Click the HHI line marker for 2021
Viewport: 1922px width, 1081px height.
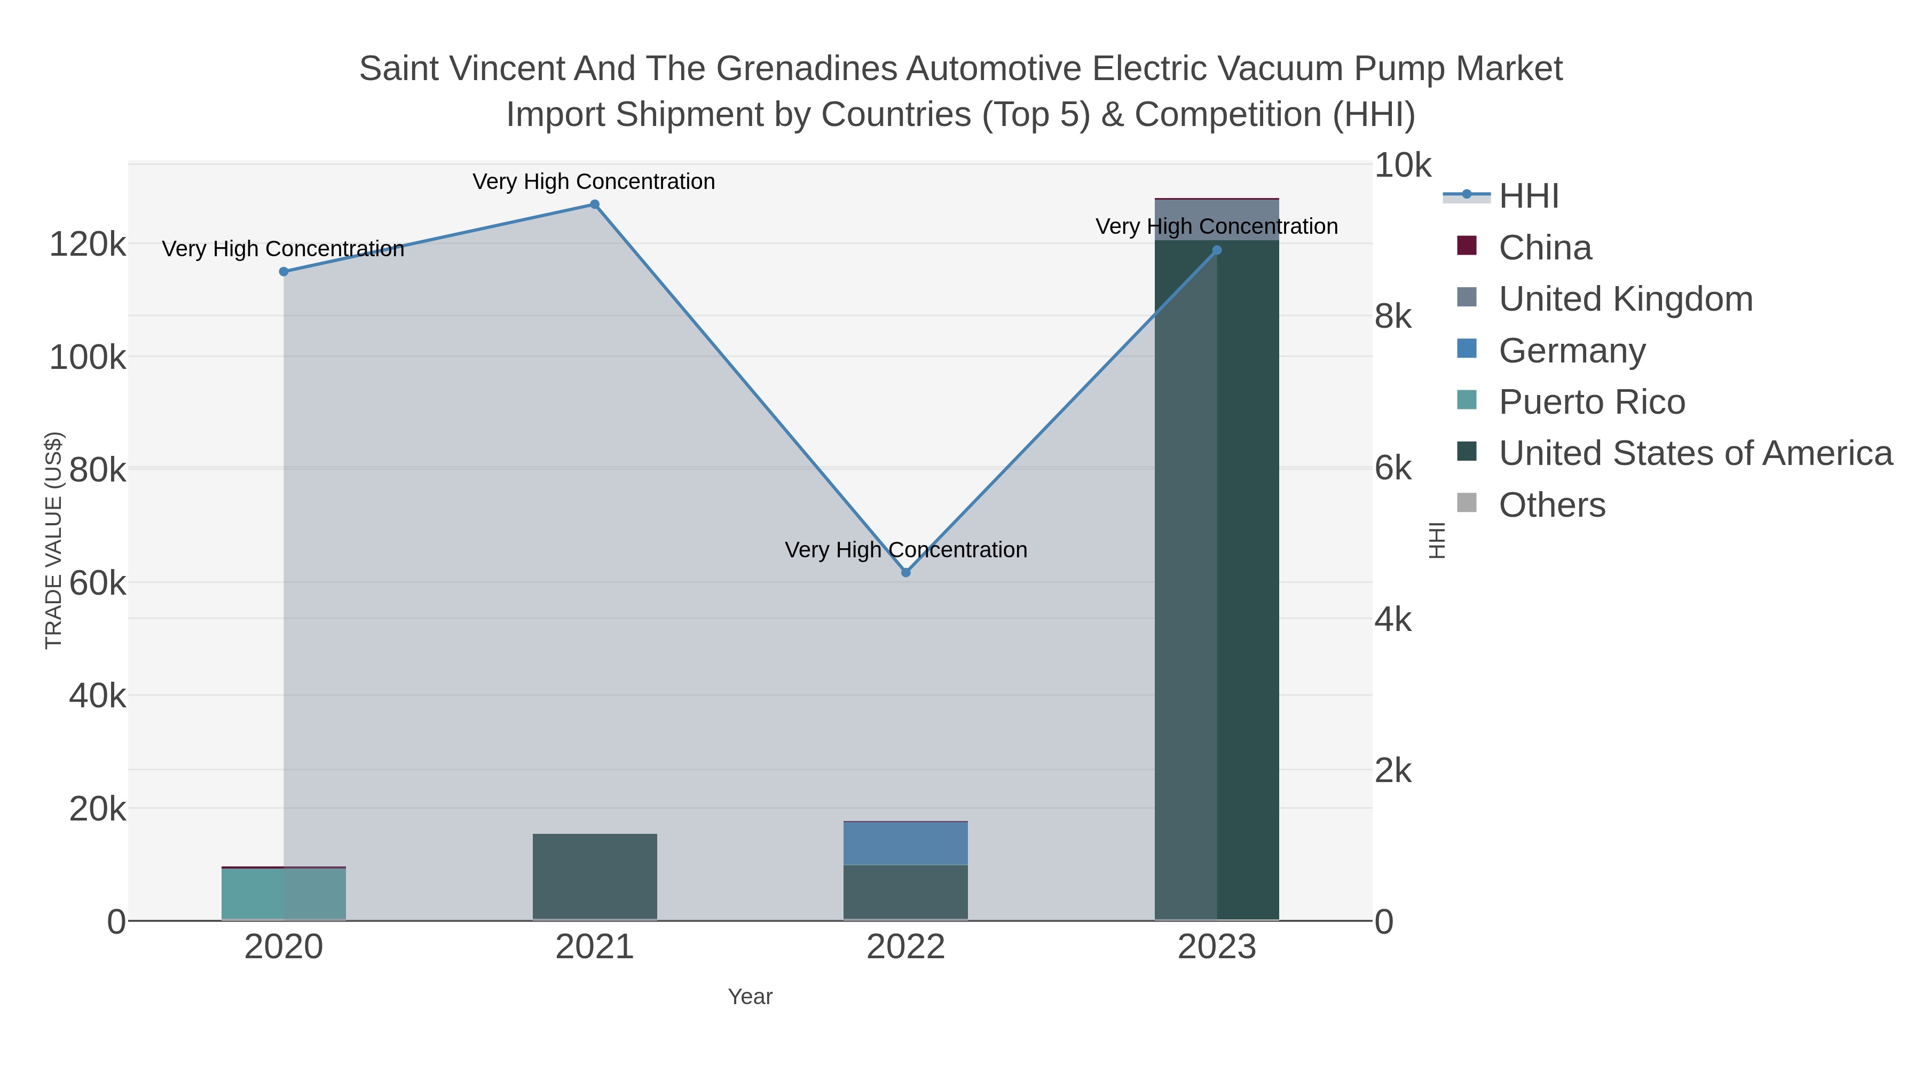pyautogui.click(x=595, y=204)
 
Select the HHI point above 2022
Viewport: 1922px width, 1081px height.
pyautogui.click(x=906, y=572)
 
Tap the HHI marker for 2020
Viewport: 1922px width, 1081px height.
pyautogui.click(x=283, y=272)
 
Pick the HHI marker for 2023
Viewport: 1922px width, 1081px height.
pyautogui.click(x=1217, y=250)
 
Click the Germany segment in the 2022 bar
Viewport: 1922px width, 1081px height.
pyautogui.click(x=906, y=843)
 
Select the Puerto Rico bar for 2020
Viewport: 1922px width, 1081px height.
pyautogui.click(x=283, y=894)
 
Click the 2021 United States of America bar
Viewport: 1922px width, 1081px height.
pyautogui.click(x=595, y=877)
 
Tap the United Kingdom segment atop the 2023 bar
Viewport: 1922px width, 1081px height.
pyautogui.click(x=1217, y=219)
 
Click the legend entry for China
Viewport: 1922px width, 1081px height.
pyautogui.click(x=1545, y=248)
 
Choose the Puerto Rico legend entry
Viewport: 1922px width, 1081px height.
pyautogui.click(x=1592, y=402)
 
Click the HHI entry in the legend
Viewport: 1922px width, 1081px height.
pyautogui.click(x=1528, y=196)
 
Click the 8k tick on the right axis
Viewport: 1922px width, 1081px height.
pyautogui.click(x=1392, y=317)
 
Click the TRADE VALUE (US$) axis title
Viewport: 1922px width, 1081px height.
pyautogui.click(x=54, y=540)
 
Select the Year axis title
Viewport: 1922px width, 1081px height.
pyautogui.click(x=750, y=997)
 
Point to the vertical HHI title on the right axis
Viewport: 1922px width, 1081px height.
pyautogui.click(x=1437, y=540)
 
